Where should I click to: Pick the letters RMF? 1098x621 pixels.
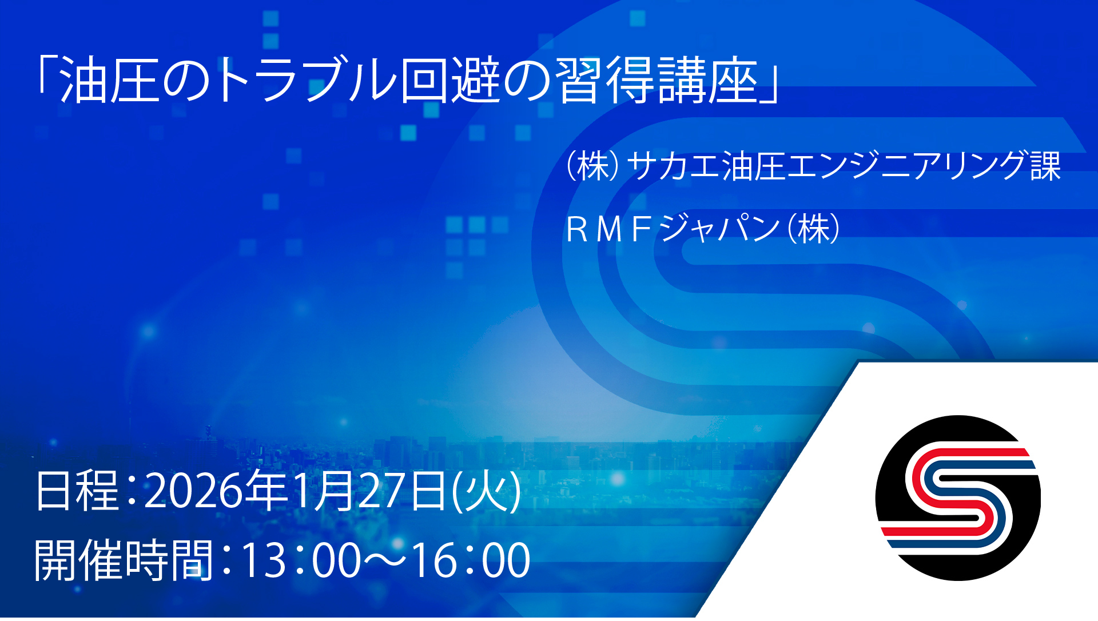pos(609,229)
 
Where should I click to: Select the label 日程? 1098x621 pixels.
pos(77,491)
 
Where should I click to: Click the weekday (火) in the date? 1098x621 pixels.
pos(486,491)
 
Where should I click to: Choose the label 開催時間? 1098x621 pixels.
pos(124,560)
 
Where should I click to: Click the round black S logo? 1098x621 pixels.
pos(958,498)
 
